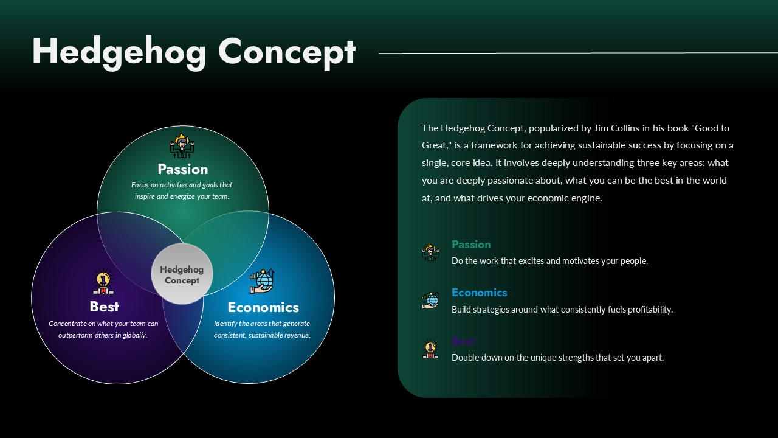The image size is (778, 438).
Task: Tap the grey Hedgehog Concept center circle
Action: pos(182,274)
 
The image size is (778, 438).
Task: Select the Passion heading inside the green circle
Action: pos(182,169)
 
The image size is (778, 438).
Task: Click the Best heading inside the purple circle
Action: pos(104,307)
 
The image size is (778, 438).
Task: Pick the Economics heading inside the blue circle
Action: pos(263,307)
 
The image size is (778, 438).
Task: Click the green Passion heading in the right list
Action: pos(471,245)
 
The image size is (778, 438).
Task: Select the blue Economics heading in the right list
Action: pos(479,293)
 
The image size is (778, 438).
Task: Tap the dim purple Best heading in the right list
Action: pos(463,341)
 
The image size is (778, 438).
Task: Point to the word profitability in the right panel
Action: pos(648,310)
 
